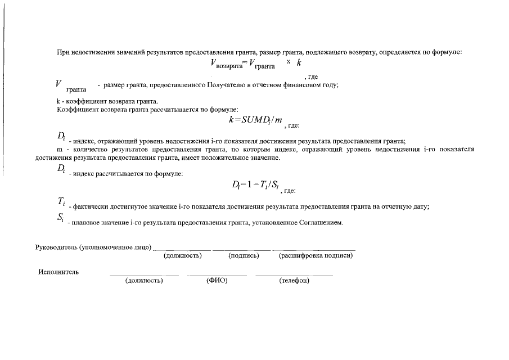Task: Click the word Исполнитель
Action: point(58,272)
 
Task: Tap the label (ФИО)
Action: point(217,281)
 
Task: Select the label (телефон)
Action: point(294,281)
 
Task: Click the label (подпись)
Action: point(244,256)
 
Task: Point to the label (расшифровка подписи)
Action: point(316,256)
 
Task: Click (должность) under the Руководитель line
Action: point(182,256)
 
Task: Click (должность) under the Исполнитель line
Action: point(144,281)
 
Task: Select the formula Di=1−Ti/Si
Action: point(255,184)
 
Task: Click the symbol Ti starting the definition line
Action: point(61,202)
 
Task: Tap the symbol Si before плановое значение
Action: point(61,219)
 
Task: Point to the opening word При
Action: point(63,52)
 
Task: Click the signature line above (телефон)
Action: point(294,275)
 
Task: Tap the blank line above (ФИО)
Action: point(217,275)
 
